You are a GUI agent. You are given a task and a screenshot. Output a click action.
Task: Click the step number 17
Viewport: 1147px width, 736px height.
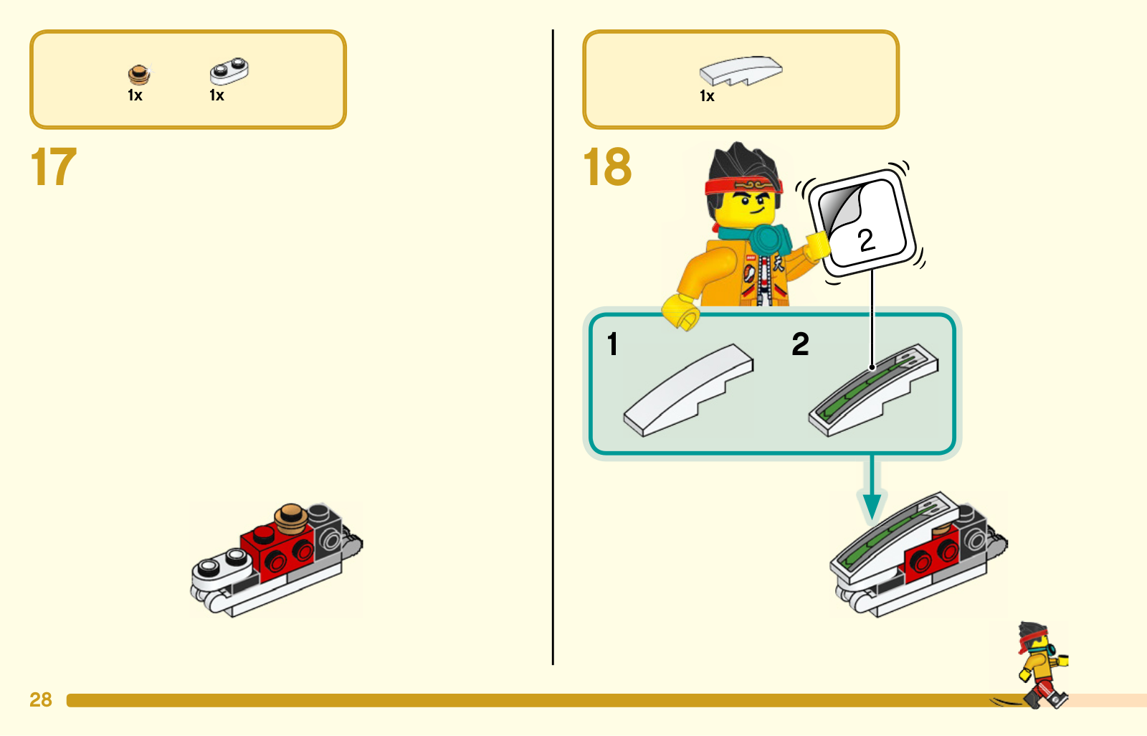click(x=54, y=166)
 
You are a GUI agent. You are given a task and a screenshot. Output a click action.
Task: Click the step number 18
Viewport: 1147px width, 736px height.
click(x=607, y=166)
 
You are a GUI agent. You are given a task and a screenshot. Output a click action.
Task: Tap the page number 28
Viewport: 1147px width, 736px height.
click(x=41, y=699)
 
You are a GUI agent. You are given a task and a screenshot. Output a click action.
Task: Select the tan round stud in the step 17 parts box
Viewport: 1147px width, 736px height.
click(x=139, y=75)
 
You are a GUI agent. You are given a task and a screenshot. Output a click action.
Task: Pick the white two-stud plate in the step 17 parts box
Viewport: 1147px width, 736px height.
click(x=229, y=71)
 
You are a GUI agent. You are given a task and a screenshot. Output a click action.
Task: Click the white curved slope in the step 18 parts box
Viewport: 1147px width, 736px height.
click(x=741, y=71)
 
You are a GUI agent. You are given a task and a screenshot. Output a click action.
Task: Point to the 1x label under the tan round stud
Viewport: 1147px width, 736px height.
click(x=135, y=95)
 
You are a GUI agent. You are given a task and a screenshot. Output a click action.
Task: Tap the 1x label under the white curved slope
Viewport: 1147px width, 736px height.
click(x=707, y=96)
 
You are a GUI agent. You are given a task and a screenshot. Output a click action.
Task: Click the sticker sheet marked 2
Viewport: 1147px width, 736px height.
click(x=862, y=222)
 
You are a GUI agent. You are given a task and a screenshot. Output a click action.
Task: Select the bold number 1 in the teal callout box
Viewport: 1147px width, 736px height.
click(x=612, y=344)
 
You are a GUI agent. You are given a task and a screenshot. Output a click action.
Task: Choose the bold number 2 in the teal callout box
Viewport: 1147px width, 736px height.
click(x=800, y=344)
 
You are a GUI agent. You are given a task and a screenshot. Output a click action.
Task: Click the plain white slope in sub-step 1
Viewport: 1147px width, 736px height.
click(x=688, y=390)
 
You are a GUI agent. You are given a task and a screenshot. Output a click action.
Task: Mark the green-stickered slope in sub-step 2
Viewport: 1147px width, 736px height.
click(x=873, y=390)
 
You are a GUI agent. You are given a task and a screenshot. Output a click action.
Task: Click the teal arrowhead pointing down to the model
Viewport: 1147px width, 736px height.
click(x=872, y=506)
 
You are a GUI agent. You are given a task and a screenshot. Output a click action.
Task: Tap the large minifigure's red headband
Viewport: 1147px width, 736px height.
click(x=743, y=186)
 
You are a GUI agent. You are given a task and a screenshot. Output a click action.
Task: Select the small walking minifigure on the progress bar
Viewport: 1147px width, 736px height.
click(x=1042, y=665)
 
